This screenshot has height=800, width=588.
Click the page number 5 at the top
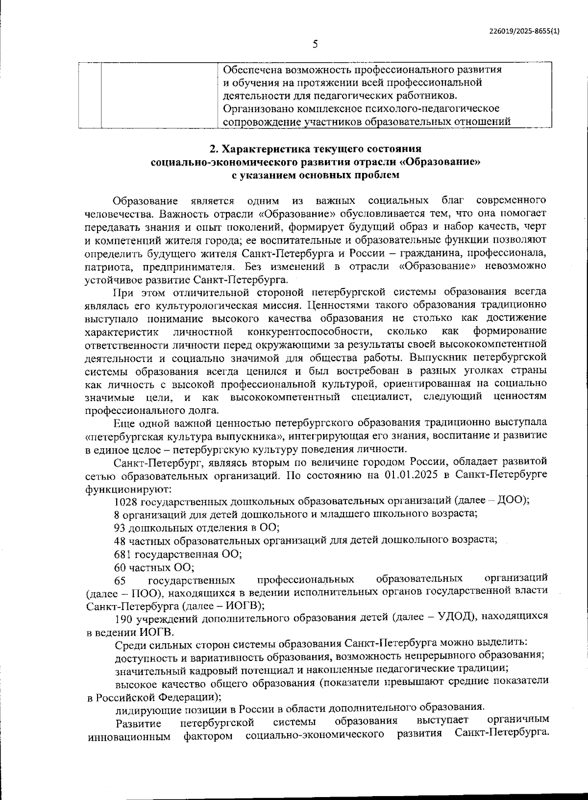click(315, 45)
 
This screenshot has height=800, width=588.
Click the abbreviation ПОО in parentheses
click(144, 593)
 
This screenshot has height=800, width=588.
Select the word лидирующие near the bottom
click(141, 708)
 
